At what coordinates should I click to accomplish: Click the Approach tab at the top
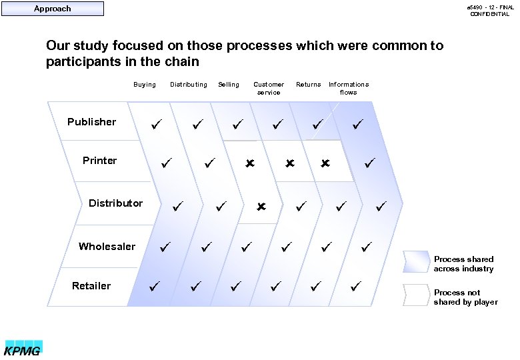point(53,9)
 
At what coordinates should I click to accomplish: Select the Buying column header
point(145,85)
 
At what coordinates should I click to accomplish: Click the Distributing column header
point(189,85)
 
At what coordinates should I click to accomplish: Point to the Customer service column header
point(269,88)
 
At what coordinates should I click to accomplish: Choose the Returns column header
point(309,85)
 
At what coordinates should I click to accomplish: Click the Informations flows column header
point(349,88)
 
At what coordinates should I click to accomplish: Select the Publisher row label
point(91,122)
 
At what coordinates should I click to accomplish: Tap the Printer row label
point(99,161)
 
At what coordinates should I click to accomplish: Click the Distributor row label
point(115,203)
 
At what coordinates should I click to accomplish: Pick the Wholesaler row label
point(107,247)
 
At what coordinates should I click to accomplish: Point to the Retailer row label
point(91,286)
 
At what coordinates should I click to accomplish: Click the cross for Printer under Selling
point(250,163)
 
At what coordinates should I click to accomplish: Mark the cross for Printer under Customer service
point(290,163)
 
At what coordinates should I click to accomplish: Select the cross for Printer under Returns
point(325,163)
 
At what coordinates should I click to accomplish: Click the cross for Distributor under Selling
point(261,207)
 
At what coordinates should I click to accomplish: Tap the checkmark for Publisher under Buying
point(155,124)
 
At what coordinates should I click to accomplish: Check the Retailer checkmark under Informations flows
point(355,286)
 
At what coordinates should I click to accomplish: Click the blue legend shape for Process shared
point(416,262)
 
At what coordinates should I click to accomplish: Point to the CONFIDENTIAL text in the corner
point(490,14)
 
